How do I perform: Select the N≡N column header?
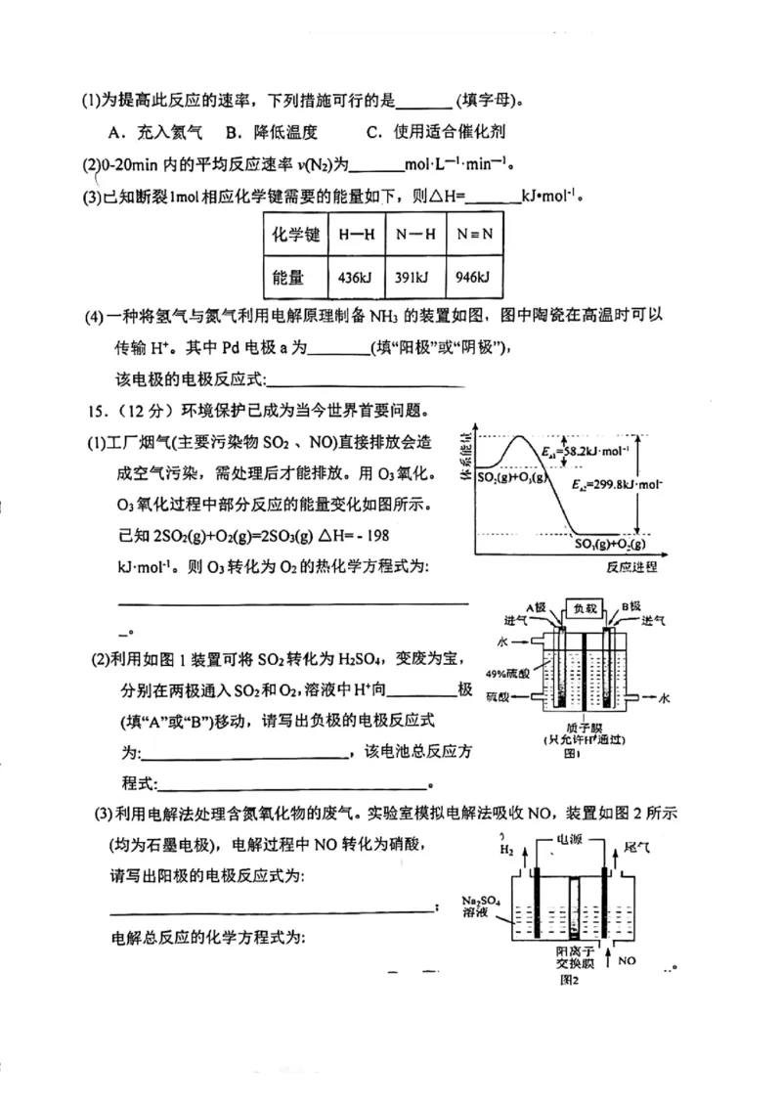click(475, 235)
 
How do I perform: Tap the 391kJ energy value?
click(415, 278)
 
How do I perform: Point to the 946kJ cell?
click(475, 278)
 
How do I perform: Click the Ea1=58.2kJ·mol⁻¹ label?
click(585, 451)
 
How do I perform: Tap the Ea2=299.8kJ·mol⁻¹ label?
click(613, 484)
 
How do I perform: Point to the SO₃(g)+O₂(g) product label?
click(611, 544)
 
